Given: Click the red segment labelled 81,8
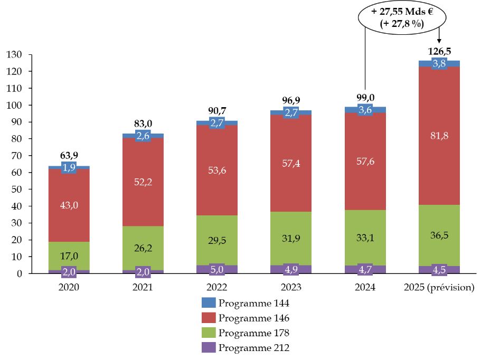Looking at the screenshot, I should click(x=439, y=136).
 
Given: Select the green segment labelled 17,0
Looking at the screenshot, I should click(x=69, y=256).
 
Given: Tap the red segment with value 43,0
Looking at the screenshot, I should click(x=69, y=205).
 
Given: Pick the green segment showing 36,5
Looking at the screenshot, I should click(x=439, y=235).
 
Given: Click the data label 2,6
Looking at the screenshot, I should click(x=143, y=136).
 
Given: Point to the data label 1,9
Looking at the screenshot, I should click(x=69, y=168).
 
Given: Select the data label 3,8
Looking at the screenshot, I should click(x=439, y=63).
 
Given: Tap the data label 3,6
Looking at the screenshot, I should click(x=365, y=110).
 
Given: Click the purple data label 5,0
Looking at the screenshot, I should click(x=217, y=269).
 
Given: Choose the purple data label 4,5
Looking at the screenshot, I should click(x=439, y=270).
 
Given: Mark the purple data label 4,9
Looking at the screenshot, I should click(x=291, y=269).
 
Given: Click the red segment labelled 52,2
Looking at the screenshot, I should click(x=143, y=182).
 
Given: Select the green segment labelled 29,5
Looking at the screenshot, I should click(x=217, y=240).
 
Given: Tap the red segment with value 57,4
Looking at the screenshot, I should click(x=291, y=163).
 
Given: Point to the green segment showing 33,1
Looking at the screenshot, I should click(x=365, y=238).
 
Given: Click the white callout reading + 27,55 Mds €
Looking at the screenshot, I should click(x=402, y=17).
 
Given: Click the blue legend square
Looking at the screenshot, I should click(x=209, y=302).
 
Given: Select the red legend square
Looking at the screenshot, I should click(x=209, y=317).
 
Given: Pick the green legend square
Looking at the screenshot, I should click(x=209, y=332).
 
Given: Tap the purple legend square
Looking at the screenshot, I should click(x=209, y=347).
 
